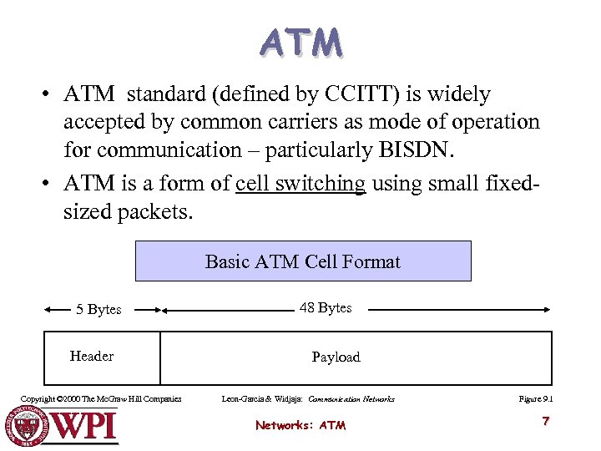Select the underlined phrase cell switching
[300, 184]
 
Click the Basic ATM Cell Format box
[303, 261]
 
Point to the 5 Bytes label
[98, 310]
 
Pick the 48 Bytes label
[326, 308]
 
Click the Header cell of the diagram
[92, 357]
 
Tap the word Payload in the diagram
[336, 357]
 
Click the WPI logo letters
[83, 425]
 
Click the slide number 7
[545, 421]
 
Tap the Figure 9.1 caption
[535, 399]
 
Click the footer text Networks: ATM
[300, 426]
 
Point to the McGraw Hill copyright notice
[101, 399]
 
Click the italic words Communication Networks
[351, 399]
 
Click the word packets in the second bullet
[156, 211]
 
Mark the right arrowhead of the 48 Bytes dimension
[547, 310]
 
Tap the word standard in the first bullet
[166, 94]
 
